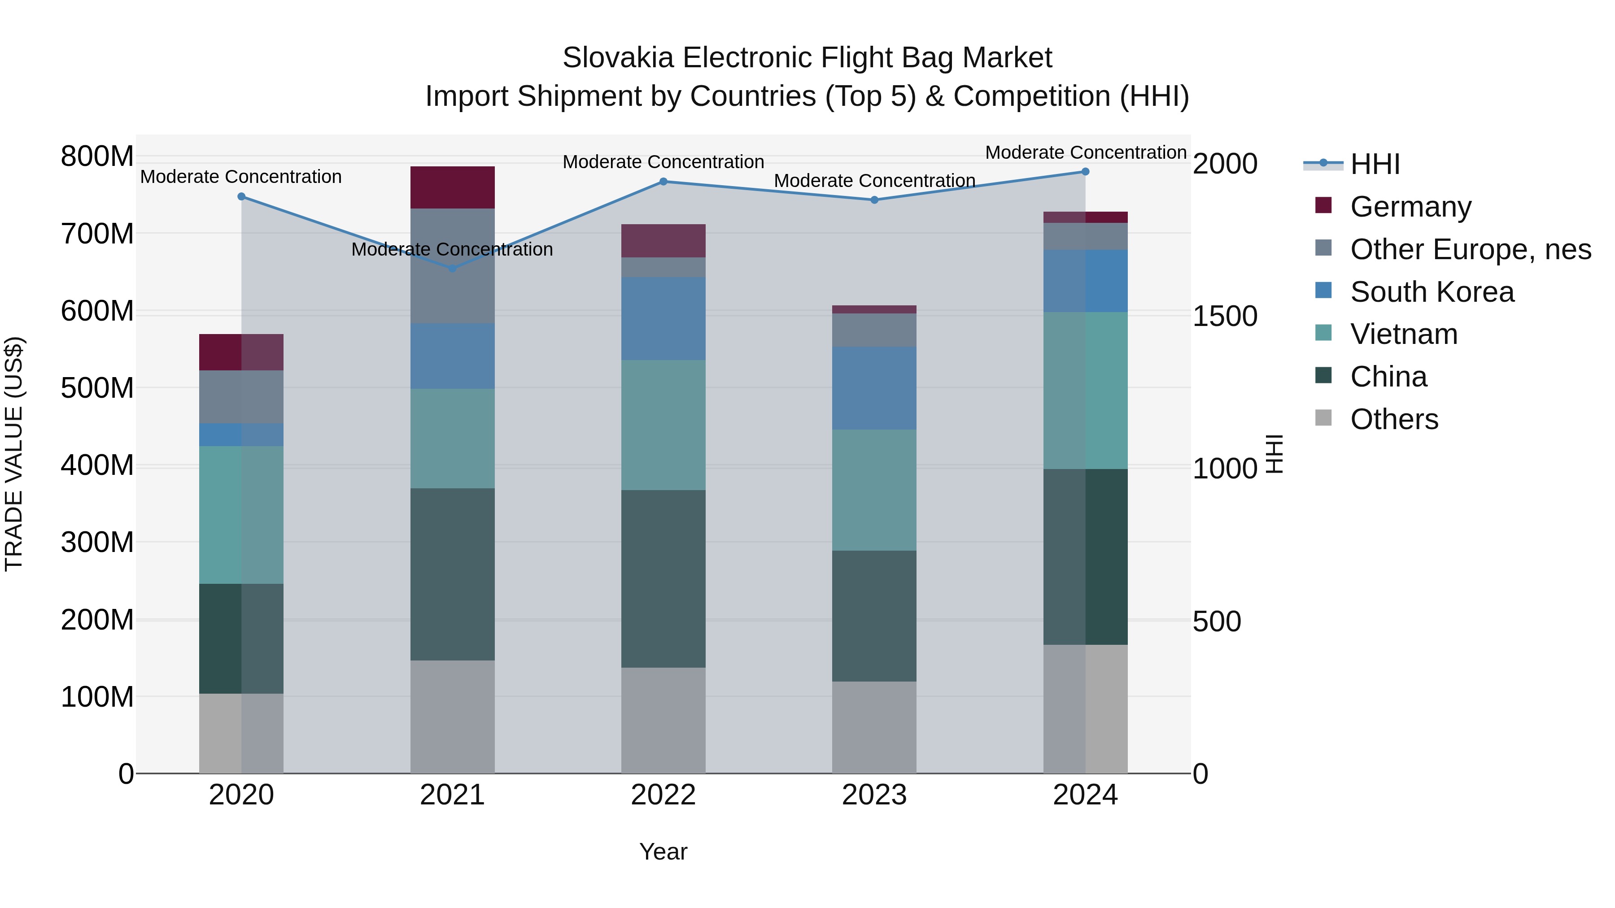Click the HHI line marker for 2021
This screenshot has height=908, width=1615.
[452, 268]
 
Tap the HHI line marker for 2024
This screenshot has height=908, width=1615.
[1085, 172]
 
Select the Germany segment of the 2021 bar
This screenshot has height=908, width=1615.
[452, 187]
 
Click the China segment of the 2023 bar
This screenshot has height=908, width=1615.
[874, 616]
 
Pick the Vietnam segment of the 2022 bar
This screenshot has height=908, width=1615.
[663, 425]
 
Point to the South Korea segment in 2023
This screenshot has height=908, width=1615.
[874, 388]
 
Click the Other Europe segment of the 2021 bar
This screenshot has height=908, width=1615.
[452, 295]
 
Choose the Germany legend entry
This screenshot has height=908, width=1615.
[1410, 207]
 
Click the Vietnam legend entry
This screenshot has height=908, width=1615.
[1403, 334]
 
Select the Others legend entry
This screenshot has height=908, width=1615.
[1394, 419]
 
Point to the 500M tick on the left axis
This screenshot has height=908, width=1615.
[97, 388]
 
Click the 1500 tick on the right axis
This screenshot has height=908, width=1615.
[1224, 317]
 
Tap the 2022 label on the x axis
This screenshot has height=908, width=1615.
[663, 795]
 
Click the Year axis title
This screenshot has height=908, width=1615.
[663, 852]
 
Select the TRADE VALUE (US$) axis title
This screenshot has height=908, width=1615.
[14, 454]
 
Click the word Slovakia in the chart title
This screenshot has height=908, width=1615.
[618, 58]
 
